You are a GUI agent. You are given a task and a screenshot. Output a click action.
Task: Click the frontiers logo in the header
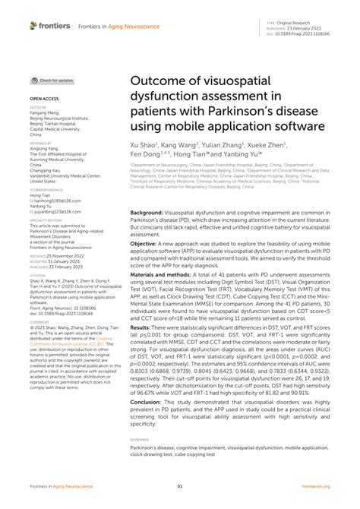pyautogui.click(x=50, y=25)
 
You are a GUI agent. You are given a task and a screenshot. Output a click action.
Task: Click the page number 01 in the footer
pyautogui.click(x=180, y=487)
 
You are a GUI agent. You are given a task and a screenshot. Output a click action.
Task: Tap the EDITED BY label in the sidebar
pyautogui.click(x=39, y=108)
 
